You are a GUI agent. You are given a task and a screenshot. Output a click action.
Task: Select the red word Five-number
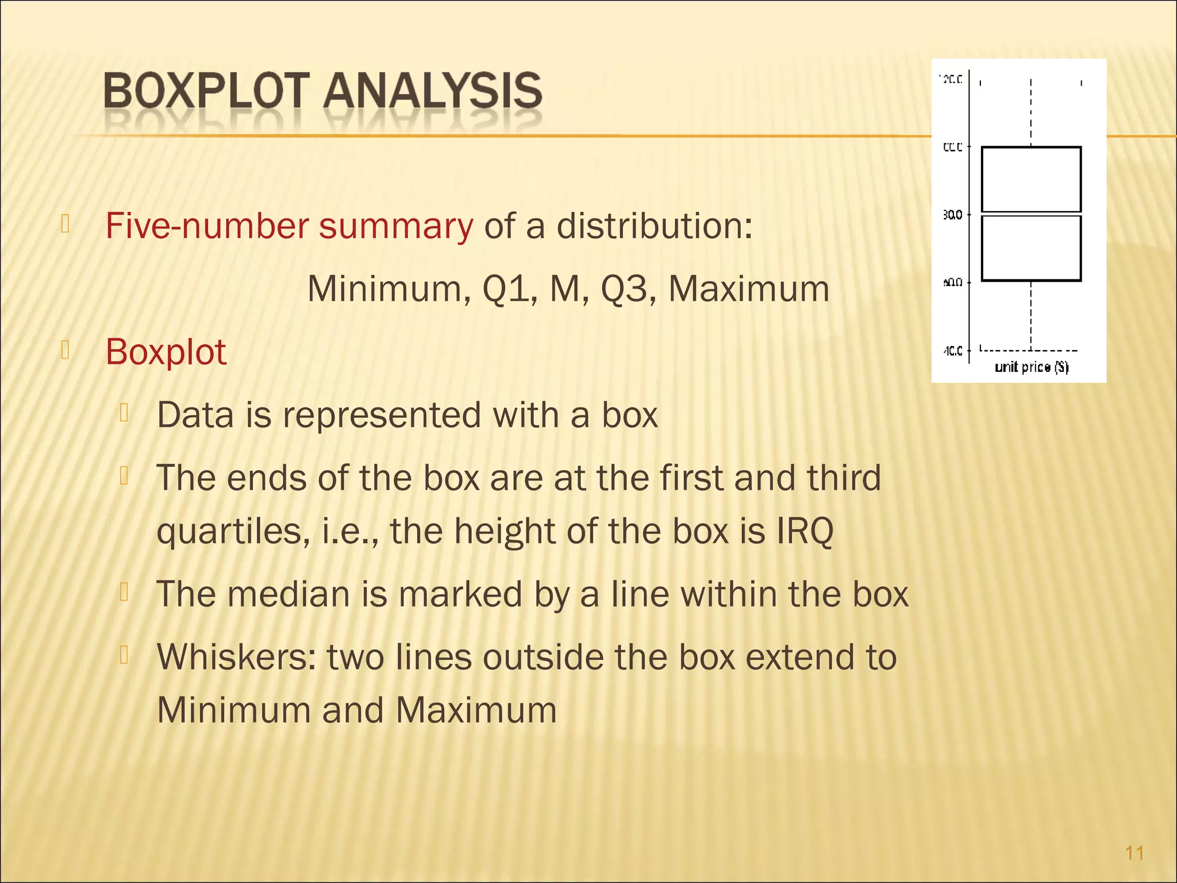click(207, 226)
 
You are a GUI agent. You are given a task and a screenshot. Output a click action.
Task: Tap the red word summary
click(396, 227)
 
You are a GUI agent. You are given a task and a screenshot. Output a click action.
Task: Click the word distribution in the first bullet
click(654, 226)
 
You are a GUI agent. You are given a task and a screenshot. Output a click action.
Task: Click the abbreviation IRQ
click(805, 531)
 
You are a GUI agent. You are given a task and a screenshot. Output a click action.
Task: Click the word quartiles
click(229, 532)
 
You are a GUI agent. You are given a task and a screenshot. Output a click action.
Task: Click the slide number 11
click(1134, 853)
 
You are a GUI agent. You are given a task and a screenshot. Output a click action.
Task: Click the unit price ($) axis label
click(1032, 367)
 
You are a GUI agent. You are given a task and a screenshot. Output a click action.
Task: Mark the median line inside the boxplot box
click(1031, 214)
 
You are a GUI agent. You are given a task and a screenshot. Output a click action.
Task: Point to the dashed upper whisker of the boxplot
click(1031, 112)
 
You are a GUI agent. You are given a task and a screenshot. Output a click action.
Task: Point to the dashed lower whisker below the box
click(1031, 315)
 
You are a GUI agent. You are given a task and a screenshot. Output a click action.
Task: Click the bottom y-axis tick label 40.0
click(952, 351)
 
